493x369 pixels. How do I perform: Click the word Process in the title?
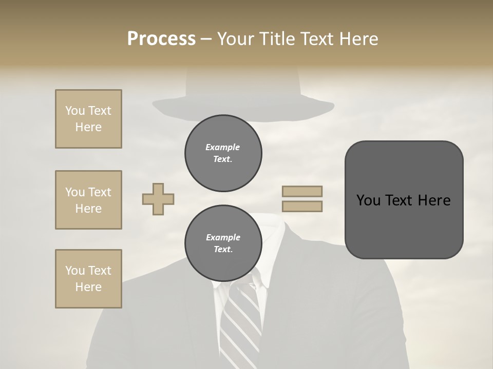coord(161,39)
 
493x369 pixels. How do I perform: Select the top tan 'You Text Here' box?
coord(88,119)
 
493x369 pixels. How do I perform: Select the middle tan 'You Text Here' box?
coord(88,200)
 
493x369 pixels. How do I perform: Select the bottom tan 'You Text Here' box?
coord(88,279)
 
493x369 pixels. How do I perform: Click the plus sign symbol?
coord(158,199)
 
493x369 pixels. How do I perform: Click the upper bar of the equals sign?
coord(302,191)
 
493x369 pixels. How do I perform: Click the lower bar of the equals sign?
coord(302,206)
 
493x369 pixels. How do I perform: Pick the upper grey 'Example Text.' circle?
coord(223,153)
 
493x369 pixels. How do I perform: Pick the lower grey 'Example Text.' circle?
coord(223,243)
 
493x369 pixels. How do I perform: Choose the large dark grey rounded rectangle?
coord(404,200)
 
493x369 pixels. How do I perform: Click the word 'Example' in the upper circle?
coord(223,147)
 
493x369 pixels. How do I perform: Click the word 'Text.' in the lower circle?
coord(223,250)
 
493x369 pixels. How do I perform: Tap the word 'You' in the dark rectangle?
coord(368,200)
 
